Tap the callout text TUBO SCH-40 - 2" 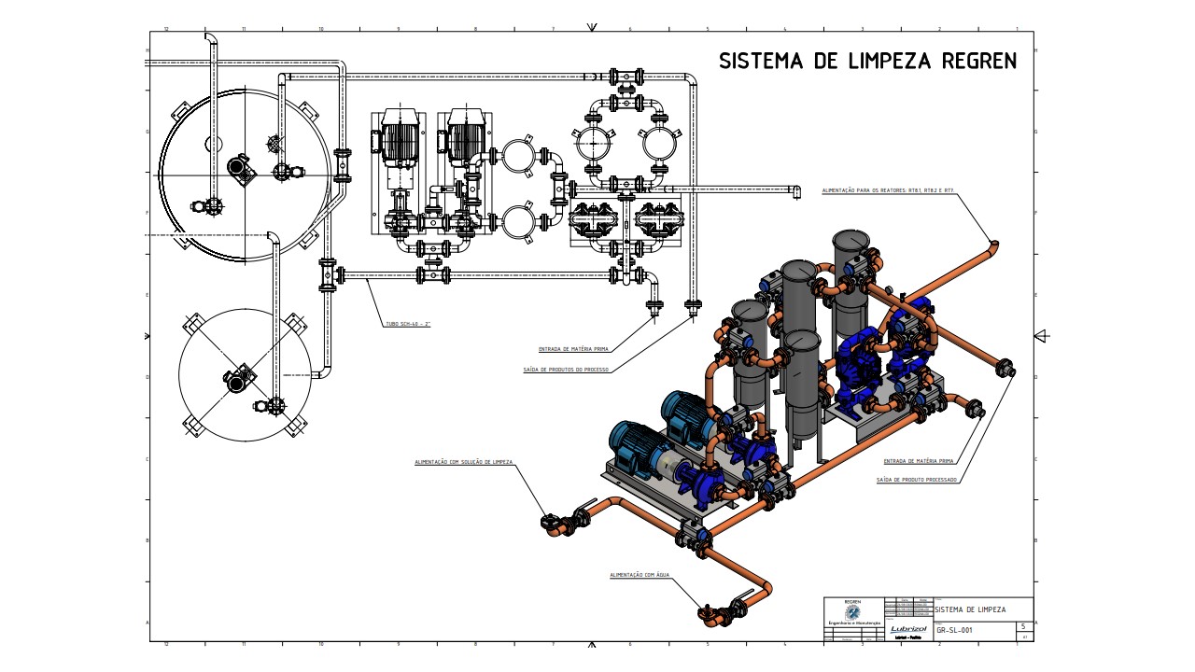pyautogui.click(x=408, y=324)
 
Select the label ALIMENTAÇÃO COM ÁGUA pyautogui.click(x=640, y=575)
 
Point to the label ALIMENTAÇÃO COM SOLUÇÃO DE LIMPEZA pyautogui.click(x=464, y=462)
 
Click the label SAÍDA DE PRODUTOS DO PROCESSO pyautogui.click(x=566, y=370)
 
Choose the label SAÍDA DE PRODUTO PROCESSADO pyautogui.click(x=917, y=480)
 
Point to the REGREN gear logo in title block pyautogui.click(x=852, y=612)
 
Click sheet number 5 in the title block pyautogui.click(x=1023, y=626)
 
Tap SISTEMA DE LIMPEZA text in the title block pyautogui.click(x=971, y=609)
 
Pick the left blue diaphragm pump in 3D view pyautogui.click(x=855, y=369)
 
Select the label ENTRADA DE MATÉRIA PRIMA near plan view pyautogui.click(x=573, y=349)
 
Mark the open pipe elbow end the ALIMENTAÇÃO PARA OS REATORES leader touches pyautogui.click(x=994, y=245)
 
